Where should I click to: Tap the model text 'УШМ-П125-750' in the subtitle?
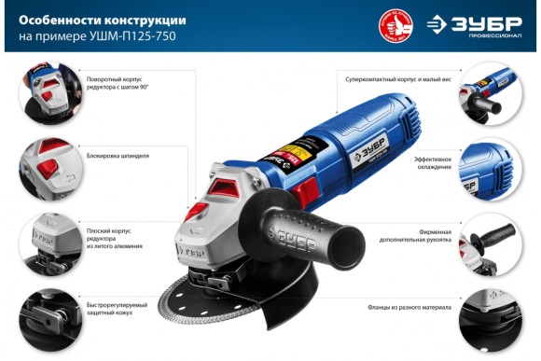click(x=139, y=36)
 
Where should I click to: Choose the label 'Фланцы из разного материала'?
click(x=409, y=307)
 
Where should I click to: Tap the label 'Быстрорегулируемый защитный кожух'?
click(x=113, y=307)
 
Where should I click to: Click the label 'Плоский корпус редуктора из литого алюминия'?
click(x=112, y=233)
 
